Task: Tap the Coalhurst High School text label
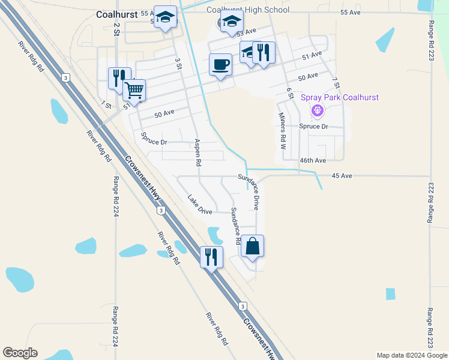248,10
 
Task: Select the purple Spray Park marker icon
318,110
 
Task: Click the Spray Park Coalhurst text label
340,97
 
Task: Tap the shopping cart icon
134,90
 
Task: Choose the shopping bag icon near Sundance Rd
253,245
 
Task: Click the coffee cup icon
221,64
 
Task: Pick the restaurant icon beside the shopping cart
119,78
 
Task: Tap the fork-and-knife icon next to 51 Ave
264,52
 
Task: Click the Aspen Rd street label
197,152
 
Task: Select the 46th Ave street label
313,161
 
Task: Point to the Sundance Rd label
235,226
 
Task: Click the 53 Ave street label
246,31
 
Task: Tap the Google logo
20,353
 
